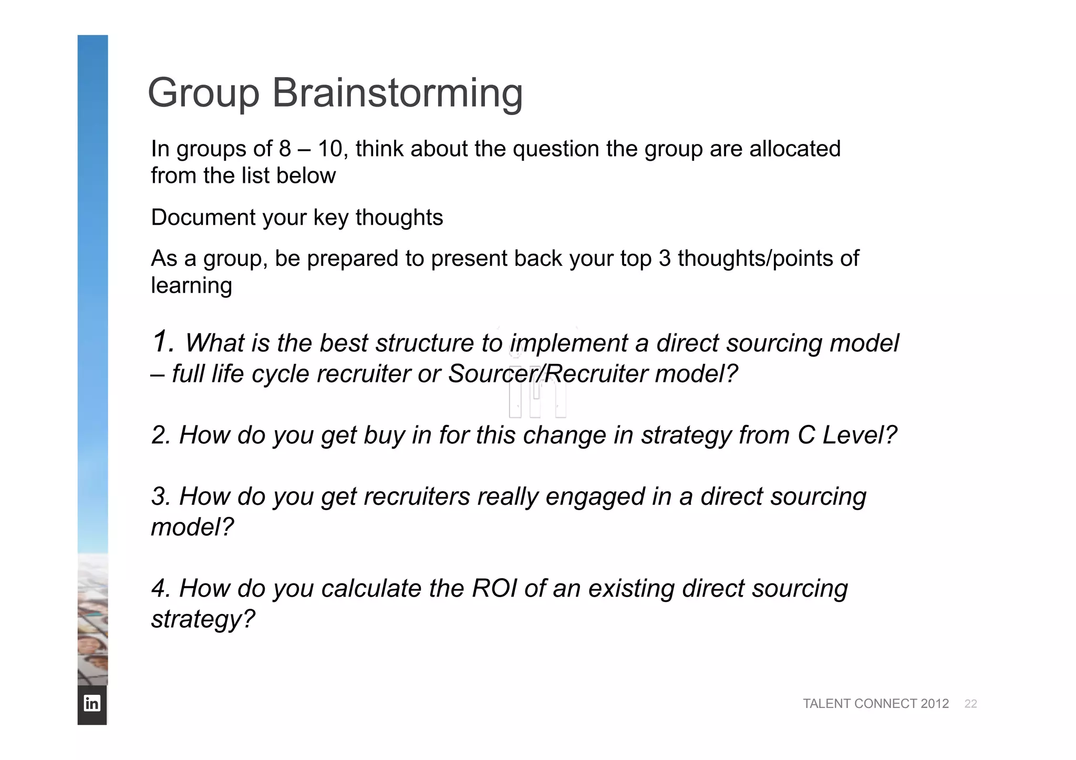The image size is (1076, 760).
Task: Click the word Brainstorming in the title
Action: [x=397, y=93]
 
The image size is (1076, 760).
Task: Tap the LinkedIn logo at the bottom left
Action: [x=92, y=703]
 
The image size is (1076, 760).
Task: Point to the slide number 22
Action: [x=970, y=704]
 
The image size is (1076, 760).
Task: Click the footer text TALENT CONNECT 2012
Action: [x=875, y=704]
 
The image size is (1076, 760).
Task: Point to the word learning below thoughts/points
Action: [x=191, y=286]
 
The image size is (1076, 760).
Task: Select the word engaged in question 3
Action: [x=595, y=497]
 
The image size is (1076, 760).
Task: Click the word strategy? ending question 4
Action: [x=203, y=619]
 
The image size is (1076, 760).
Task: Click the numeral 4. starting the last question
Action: [x=161, y=588]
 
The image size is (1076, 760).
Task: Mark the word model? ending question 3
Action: [x=192, y=527]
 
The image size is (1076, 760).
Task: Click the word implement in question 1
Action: [x=568, y=343]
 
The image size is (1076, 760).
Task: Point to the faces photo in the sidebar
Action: [x=92, y=620]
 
